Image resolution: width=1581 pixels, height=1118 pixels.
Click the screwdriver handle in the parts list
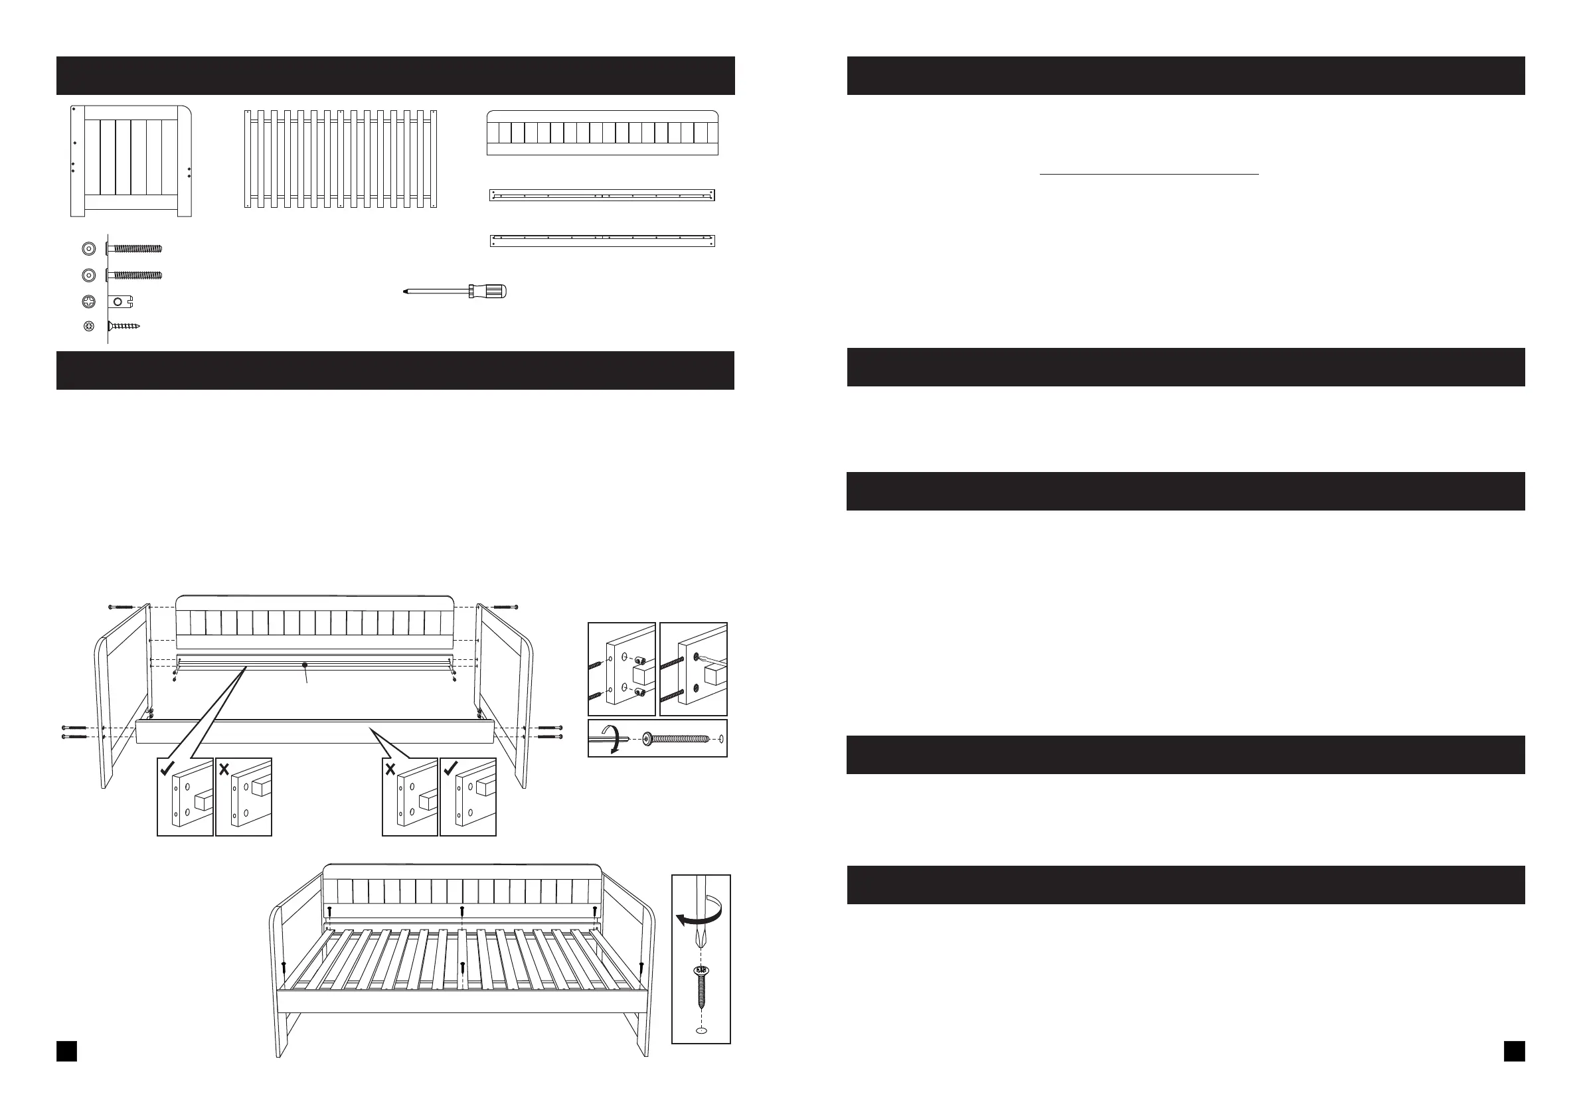tap(490, 291)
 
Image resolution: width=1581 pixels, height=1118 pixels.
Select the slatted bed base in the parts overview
tap(341, 159)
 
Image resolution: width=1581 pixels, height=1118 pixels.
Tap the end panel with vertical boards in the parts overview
tap(131, 161)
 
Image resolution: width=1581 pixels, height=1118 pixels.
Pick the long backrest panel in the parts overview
tap(602, 133)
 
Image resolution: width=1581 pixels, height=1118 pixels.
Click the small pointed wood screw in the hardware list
tap(125, 325)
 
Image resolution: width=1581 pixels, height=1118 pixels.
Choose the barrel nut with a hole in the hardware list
tap(120, 301)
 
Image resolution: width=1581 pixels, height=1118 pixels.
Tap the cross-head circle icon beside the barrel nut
tap(89, 301)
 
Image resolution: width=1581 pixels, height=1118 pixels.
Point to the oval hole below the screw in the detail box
tap(701, 1030)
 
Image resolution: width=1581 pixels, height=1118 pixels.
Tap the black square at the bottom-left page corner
tap(67, 1051)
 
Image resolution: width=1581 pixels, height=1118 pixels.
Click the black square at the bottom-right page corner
tap(1514, 1051)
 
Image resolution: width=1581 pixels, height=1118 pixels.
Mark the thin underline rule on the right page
tap(1149, 175)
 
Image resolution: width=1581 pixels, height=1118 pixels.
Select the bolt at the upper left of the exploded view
tap(120, 607)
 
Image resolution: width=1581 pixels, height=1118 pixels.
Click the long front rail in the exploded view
tap(315, 731)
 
